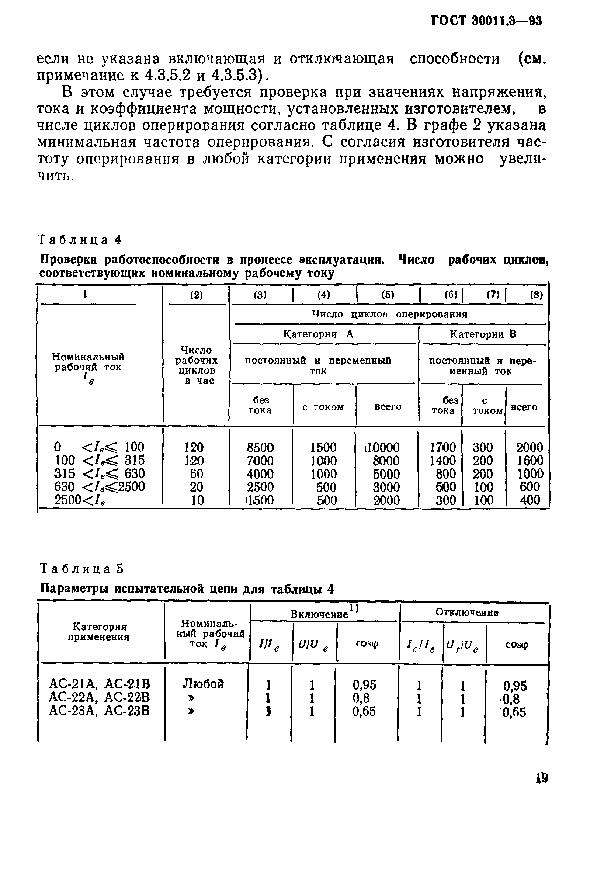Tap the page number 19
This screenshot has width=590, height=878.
point(542,778)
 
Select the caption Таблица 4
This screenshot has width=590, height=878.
point(80,240)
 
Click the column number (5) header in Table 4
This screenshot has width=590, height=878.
point(388,295)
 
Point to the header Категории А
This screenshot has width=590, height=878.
point(318,334)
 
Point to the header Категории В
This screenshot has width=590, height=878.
point(483,334)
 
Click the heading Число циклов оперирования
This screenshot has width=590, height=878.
point(390,314)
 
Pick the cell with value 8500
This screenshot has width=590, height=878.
point(260,447)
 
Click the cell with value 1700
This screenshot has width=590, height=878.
point(443,447)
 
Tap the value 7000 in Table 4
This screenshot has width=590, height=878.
point(260,461)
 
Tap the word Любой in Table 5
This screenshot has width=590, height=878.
point(203,684)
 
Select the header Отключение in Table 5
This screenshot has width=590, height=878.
point(467,613)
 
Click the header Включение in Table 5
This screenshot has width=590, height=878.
point(319,614)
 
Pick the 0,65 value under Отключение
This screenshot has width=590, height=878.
point(514,712)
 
